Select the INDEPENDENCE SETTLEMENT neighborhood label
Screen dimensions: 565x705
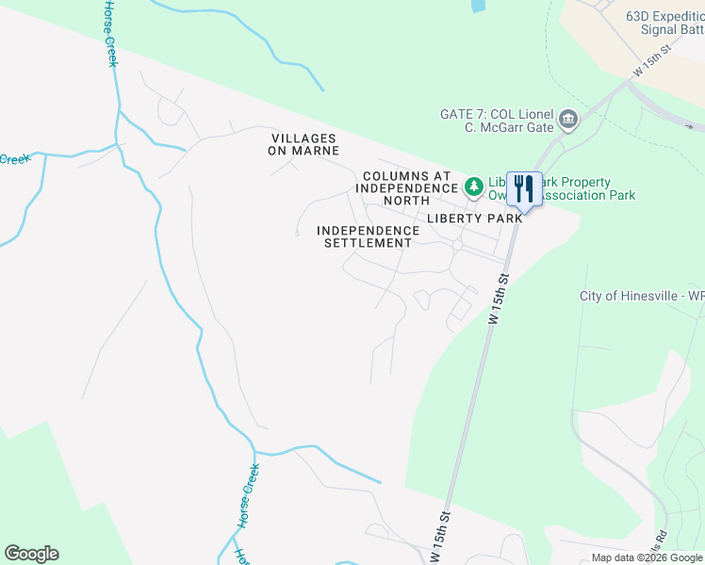pyautogui.click(x=368, y=236)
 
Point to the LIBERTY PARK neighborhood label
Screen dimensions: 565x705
pyautogui.click(x=474, y=218)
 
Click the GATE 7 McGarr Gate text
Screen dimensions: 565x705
pyautogui.click(x=497, y=120)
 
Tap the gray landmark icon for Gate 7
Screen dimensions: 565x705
pyautogui.click(x=568, y=119)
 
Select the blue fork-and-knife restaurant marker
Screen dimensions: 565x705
pyautogui.click(x=524, y=188)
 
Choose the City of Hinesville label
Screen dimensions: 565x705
pyautogui.click(x=641, y=296)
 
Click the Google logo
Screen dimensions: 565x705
pyautogui.click(x=31, y=554)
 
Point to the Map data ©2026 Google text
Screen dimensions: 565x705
pyautogui.click(x=648, y=557)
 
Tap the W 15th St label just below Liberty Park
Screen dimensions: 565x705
pyautogui.click(x=500, y=299)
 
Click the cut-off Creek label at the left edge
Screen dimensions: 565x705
pyautogui.click(x=13, y=159)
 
